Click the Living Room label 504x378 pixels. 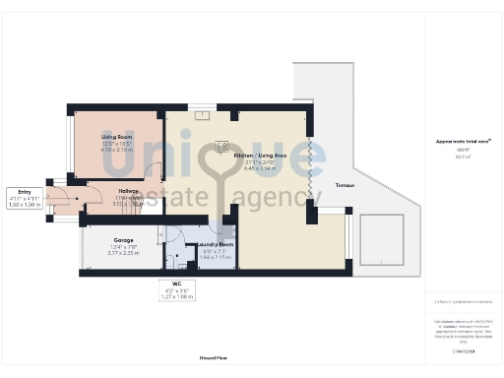point(118,137)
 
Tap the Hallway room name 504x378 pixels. point(128,192)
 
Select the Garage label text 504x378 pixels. point(123,240)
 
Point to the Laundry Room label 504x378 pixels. point(214,243)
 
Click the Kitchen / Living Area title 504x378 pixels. point(259,156)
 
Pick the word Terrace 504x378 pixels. point(345,185)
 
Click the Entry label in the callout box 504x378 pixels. point(26,193)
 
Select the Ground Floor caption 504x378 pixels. point(214,359)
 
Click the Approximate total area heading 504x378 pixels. point(463,141)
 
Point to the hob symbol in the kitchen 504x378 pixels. point(220,146)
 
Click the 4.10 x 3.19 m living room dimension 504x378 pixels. point(118,151)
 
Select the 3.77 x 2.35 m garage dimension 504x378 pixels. point(123,253)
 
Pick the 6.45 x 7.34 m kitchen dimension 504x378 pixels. point(259,169)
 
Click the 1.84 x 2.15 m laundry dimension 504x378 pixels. point(214,256)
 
